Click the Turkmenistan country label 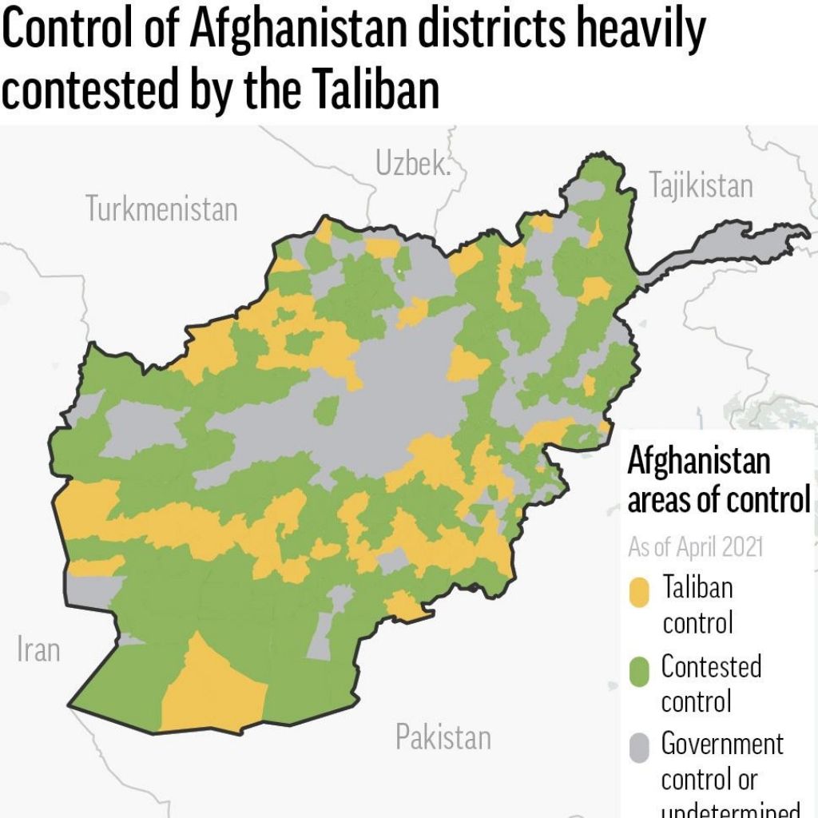click(161, 209)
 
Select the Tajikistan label click(701, 185)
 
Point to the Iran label click(38, 649)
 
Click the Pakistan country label click(443, 737)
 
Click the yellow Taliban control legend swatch click(639, 592)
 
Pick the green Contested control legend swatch click(639, 671)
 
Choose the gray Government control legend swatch click(639, 748)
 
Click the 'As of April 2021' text click(695, 547)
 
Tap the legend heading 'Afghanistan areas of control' click(717, 481)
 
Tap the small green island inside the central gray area click(326, 411)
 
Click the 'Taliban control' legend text click(697, 605)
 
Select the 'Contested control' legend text click(710, 683)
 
